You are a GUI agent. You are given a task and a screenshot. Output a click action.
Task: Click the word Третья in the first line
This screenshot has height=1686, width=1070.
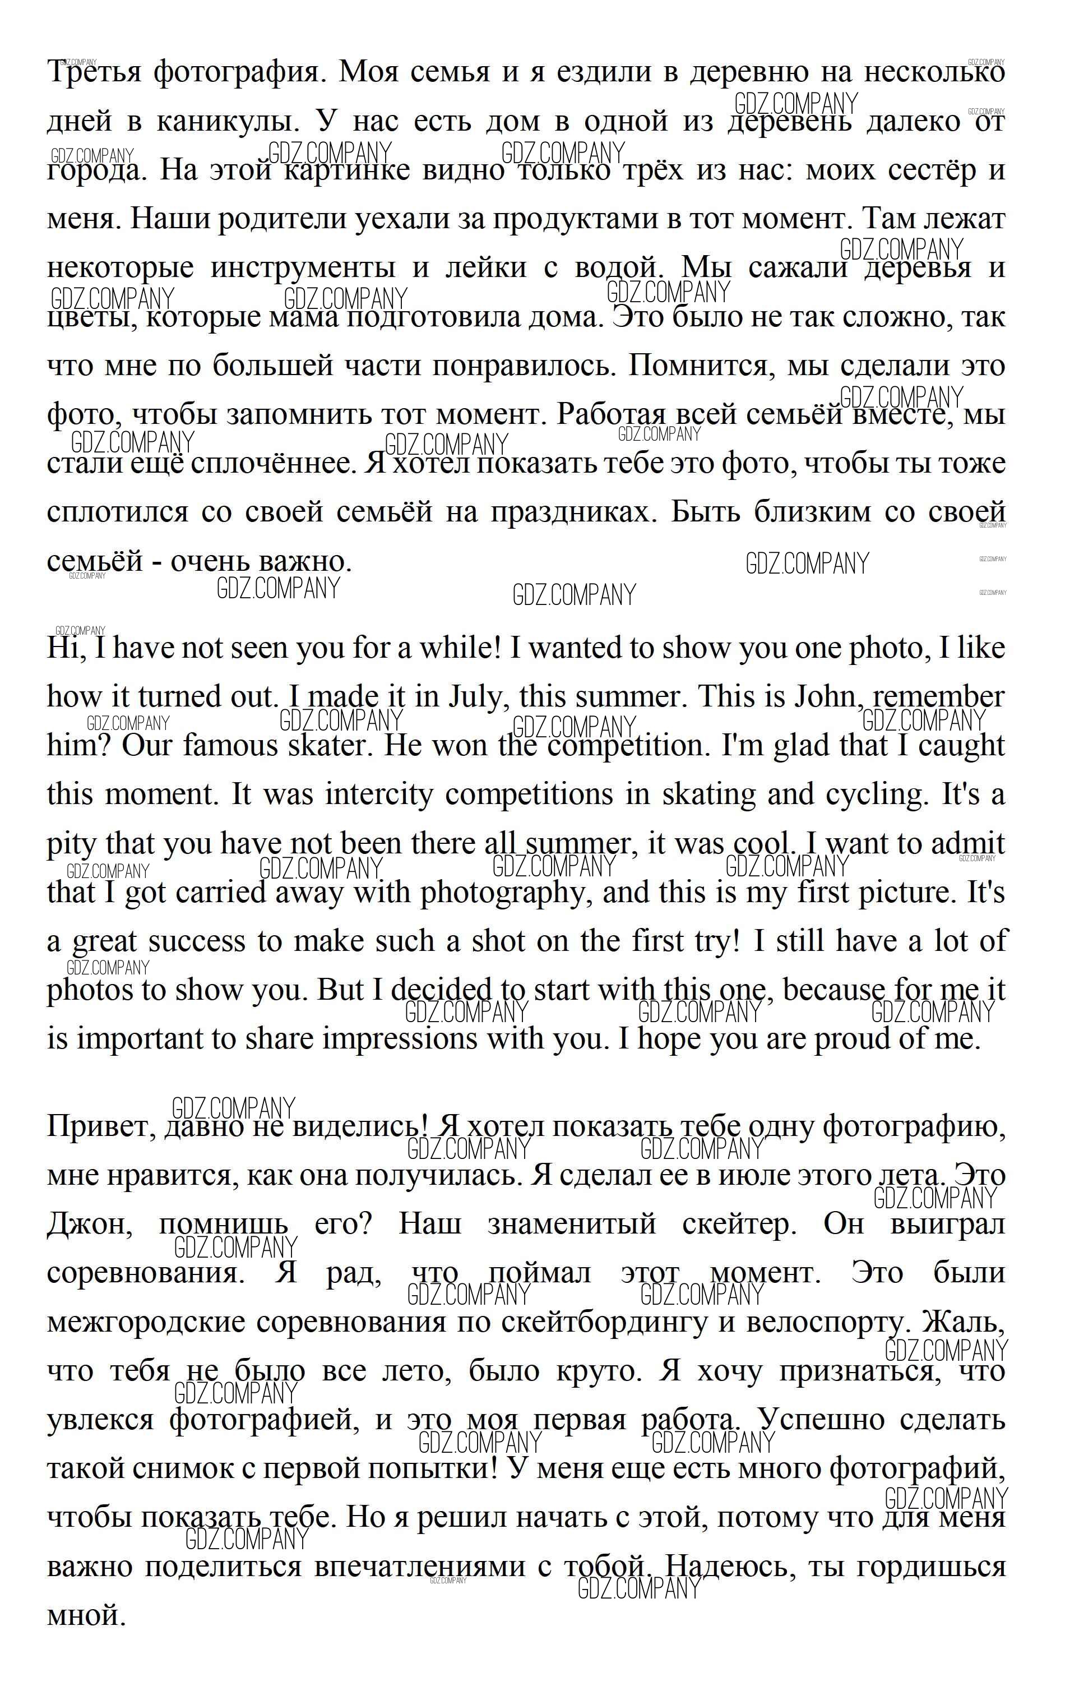tap(93, 72)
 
